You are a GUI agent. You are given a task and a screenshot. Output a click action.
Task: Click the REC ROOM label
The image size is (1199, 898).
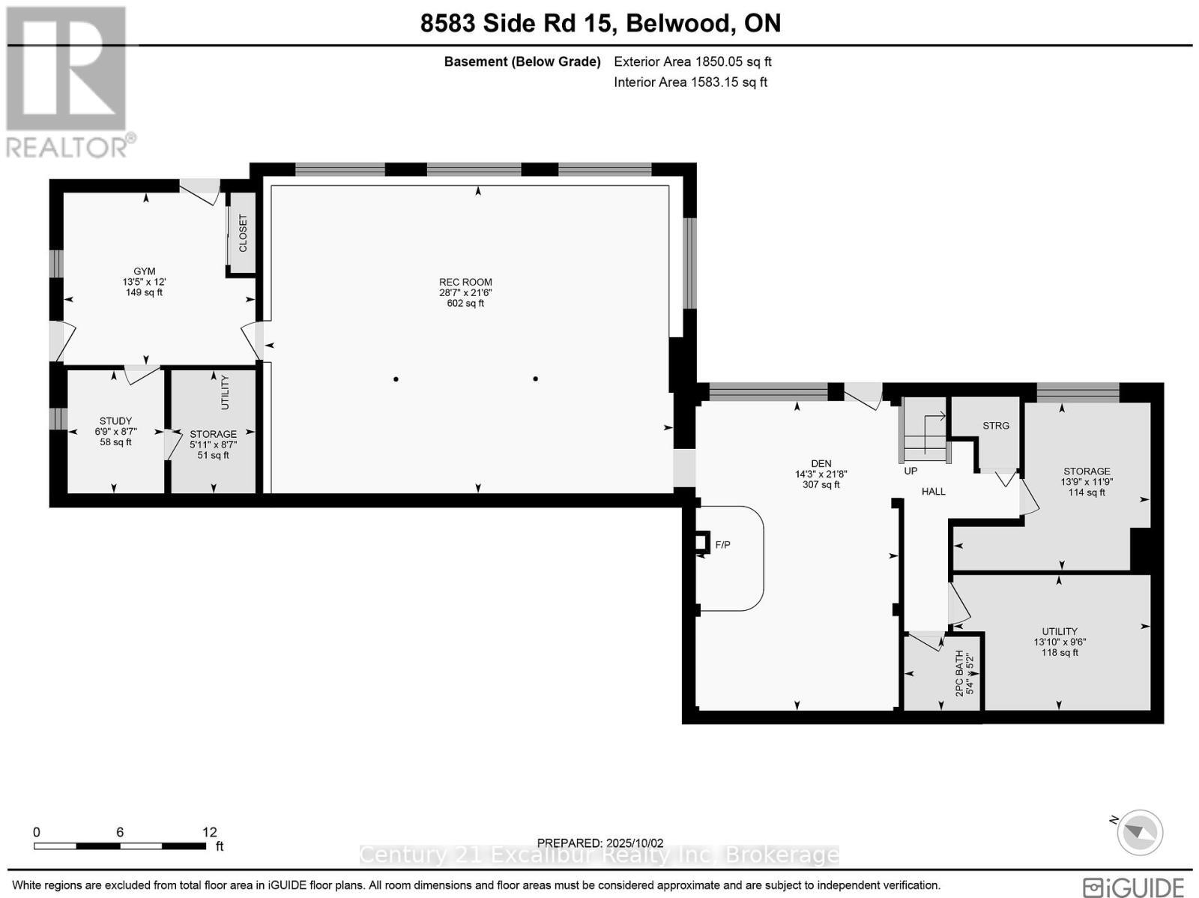[465, 282]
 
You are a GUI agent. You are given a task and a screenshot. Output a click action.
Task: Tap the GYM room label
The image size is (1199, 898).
[145, 271]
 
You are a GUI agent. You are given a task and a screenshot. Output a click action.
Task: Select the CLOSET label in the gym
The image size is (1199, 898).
[243, 233]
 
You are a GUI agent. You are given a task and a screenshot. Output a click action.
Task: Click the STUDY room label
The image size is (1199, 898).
[115, 421]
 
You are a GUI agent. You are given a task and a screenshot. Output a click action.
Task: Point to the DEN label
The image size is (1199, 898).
[821, 463]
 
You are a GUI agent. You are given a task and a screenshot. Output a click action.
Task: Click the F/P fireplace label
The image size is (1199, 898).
[722, 545]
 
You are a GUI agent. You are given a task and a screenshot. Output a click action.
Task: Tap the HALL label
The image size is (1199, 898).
[933, 492]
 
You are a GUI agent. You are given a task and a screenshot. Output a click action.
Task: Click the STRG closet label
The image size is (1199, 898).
[996, 426]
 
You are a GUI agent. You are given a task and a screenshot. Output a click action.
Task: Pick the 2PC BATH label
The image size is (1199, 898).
[959, 672]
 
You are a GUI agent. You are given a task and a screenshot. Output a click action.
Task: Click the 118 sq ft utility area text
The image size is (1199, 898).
[1060, 653]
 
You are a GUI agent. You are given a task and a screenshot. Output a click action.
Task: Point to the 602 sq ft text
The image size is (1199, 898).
[465, 304]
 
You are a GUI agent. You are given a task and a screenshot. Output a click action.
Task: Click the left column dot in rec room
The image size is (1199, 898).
[396, 379]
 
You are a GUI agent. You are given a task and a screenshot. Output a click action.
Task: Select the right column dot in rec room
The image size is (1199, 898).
[535, 379]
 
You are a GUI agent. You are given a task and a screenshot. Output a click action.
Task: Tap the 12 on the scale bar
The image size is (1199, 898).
[209, 832]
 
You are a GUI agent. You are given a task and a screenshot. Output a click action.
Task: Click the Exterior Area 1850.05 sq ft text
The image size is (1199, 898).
[692, 62]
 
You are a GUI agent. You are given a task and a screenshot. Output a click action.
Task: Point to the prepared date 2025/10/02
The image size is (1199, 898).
[600, 843]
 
